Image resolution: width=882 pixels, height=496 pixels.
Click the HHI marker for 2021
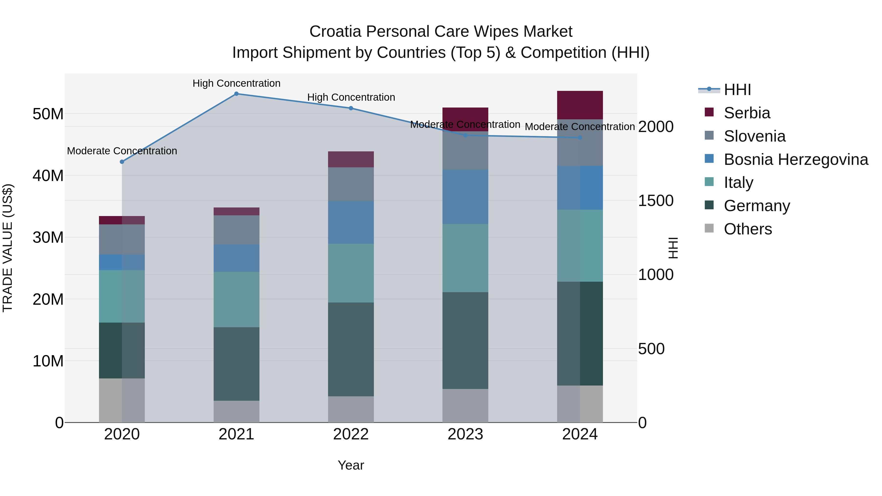pyautogui.click(x=236, y=94)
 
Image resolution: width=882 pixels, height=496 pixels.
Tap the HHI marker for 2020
pyautogui.click(x=122, y=162)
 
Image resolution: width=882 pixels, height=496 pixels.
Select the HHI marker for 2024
pyautogui.click(x=580, y=138)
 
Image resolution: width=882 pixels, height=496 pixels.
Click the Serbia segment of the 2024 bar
pyautogui.click(x=580, y=105)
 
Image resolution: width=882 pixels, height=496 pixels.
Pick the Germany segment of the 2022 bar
pyautogui.click(x=351, y=349)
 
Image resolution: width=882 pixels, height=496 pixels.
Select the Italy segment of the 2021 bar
pyautogui.click(x=236, y=300)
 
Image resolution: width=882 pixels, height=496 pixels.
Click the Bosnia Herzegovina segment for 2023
pyautogui.click(x=465, y=197)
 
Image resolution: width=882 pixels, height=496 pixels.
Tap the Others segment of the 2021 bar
pyautogui.click(x=236, y=411)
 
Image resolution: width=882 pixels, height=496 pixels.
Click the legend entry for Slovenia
pyautogui.click(x=754, y=136)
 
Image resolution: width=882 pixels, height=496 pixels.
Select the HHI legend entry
pyautogui.click(x=737, y=90)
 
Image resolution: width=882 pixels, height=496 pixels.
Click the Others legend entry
pyautogui.click(x=747, y=229)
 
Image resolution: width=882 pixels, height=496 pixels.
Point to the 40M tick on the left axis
pyautogui.click(x=48, y=176)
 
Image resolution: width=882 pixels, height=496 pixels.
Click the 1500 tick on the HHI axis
pyautogui.click(x=656, y=201)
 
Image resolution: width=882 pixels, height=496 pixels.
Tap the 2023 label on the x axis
pyautogui.click(x=465, y=434)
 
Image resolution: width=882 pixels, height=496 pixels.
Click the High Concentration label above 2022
pyautogui.click(x=351, y=97)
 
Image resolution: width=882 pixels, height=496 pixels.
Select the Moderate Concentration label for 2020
pyautogui.click(x=122, y=151)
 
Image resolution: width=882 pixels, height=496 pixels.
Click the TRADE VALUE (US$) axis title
pyautogui.click(x=8, y=248)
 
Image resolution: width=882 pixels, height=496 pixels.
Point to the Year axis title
pyautogui.click(x=351, y=465)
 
